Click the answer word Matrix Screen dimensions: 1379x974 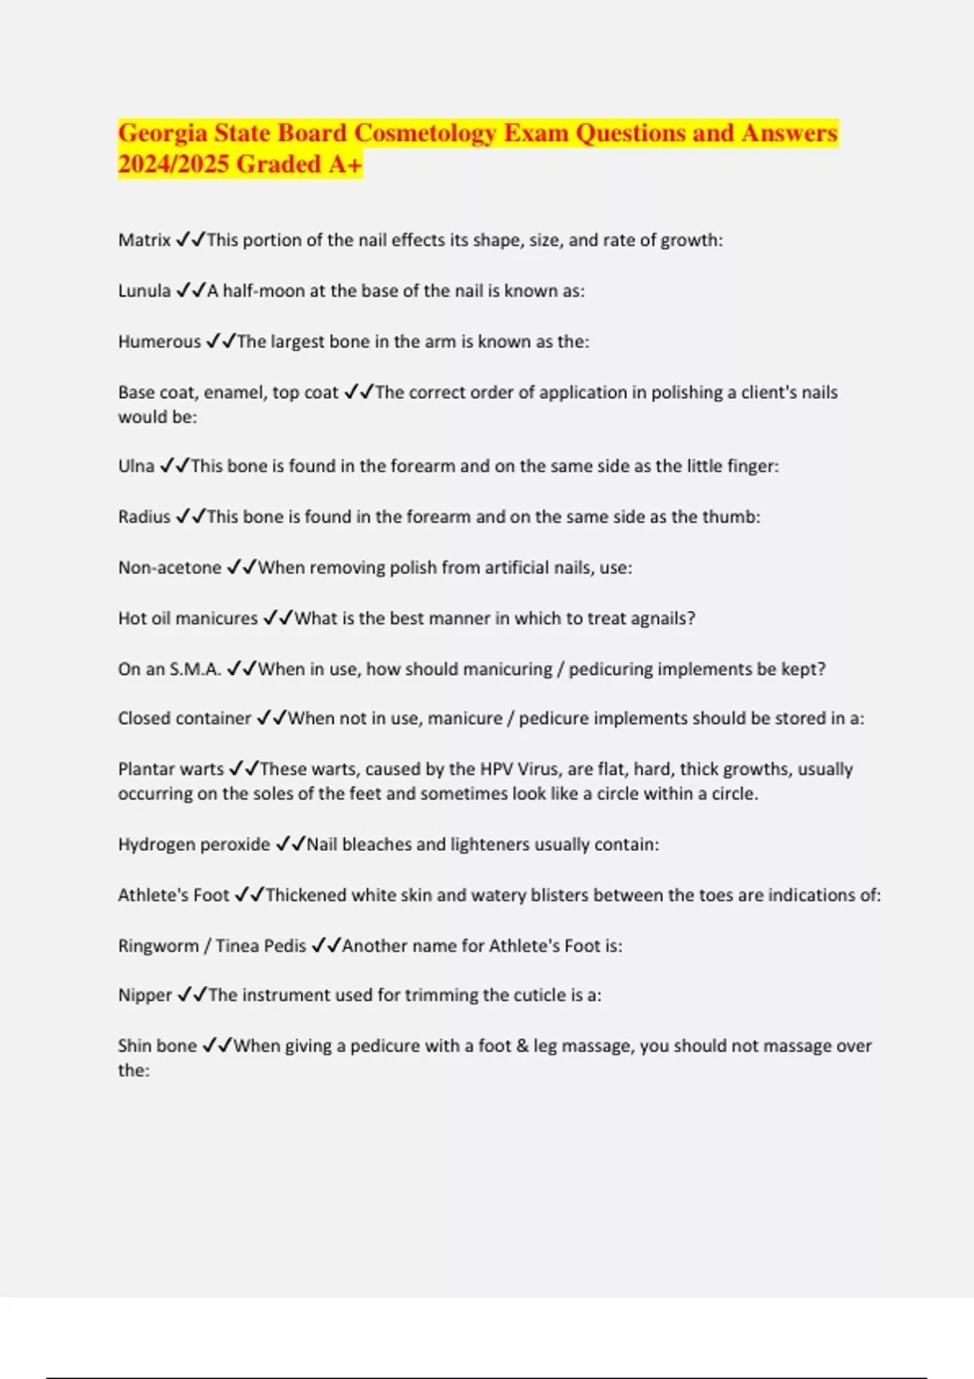click(144, 240)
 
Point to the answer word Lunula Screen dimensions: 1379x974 click(144, 290)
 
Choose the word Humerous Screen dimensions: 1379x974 click(159, 342)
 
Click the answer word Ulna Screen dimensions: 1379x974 click(136, 466)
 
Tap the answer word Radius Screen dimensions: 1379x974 click(144, 517)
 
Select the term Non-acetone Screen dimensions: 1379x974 click(170, 568)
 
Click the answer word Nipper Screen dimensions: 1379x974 click(145, 995)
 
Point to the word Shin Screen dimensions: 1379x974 click(134, 1046)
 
